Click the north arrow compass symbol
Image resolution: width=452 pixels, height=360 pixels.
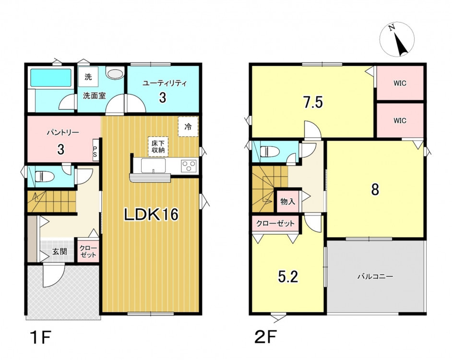click(397, 39)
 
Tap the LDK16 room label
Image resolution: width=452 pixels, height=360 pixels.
click(151, 215)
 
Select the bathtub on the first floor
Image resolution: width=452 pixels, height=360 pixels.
click(51, 78)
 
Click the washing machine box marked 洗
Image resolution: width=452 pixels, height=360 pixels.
click(88, 77)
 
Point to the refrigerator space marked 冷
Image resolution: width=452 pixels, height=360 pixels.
click(188, 127)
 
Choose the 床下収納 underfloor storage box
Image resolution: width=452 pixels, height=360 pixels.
click(158, 146)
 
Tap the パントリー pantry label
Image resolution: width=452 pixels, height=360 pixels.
click(63, 132)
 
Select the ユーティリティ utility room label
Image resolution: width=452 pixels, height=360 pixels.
click(165, 84)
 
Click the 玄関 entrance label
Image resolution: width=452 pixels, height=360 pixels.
click(59, 252)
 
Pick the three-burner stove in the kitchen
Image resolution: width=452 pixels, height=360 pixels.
click(189, 166)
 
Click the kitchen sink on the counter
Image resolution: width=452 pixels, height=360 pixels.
click(153, 166)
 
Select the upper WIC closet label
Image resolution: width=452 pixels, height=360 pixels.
click(400, 84)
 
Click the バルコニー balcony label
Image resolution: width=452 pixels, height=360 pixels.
click(375, 276)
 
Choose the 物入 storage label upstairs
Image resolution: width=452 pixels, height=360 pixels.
click(288, 201)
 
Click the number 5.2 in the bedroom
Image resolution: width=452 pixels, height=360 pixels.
click(288, 277)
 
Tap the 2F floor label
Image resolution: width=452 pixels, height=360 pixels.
click(265, 337)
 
